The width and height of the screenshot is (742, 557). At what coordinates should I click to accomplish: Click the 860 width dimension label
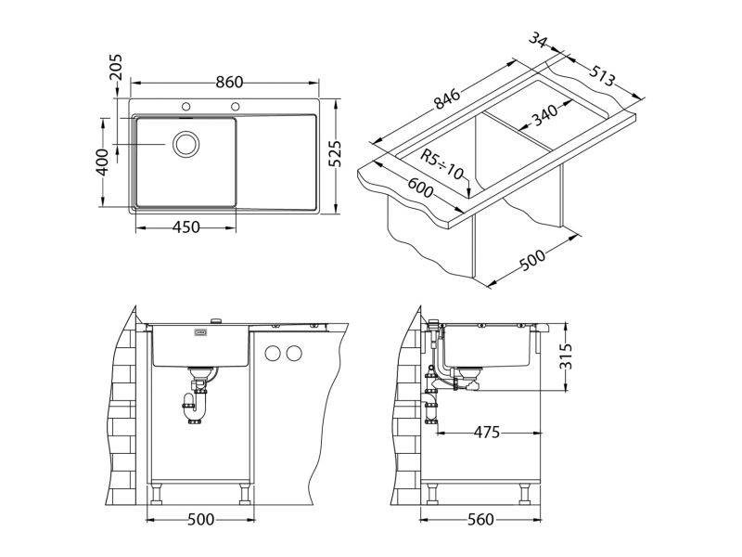229,83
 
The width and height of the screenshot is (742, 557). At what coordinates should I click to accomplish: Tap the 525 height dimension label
335,153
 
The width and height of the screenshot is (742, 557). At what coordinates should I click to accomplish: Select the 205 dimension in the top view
115,67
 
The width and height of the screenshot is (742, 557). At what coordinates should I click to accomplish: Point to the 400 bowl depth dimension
102,162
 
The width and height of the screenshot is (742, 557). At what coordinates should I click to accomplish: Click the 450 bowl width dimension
186,227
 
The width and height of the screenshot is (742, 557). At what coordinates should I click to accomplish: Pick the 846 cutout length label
447,99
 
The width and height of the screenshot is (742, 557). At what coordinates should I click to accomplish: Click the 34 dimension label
538,39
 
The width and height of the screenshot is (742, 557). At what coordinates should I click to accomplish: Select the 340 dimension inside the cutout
545,115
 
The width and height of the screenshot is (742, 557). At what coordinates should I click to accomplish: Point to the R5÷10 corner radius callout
441,164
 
